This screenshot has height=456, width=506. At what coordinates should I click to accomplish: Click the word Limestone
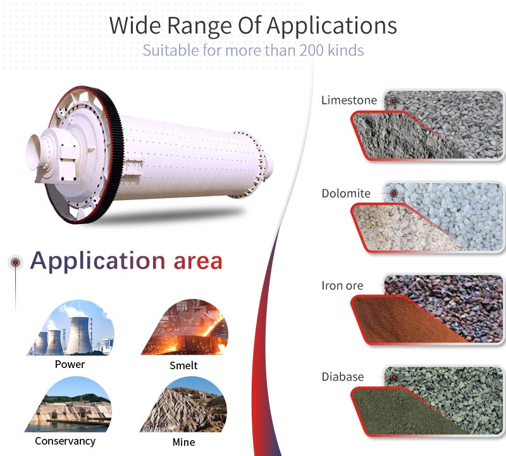tap(349, 100)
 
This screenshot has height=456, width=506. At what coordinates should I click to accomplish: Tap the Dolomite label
tap(346, 193)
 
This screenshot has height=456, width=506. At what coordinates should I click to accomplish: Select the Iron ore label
tap(342, 286)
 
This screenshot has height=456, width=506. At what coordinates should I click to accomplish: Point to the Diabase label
tap(342, 377)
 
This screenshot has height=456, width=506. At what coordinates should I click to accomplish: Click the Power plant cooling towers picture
tap(70, 328)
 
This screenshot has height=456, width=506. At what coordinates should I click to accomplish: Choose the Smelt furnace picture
tap(183, 328)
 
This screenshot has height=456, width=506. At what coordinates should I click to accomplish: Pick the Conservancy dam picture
tap(70, 405)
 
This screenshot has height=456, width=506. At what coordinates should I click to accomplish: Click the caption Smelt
tap(183, 365)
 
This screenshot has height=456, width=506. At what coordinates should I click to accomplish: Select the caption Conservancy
tap(65, 441)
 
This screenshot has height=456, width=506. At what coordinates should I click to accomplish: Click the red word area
tap(197, 260)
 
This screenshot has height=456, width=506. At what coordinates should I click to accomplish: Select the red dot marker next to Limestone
tap(393, 101)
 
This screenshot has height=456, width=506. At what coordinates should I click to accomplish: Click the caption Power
tap(70, 364)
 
